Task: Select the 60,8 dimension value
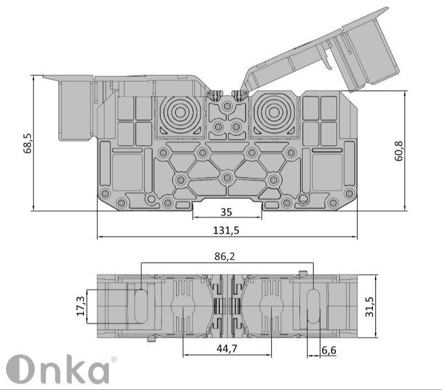tap(399, 150)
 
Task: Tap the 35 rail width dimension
tap(227, 212)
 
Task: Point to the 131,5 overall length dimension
tap(227, 231)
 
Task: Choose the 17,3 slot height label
tap(81, 305)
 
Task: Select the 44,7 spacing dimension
tap(227, 348)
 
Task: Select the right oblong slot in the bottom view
tap(313, 305)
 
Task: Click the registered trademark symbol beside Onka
tap(114, 360)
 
